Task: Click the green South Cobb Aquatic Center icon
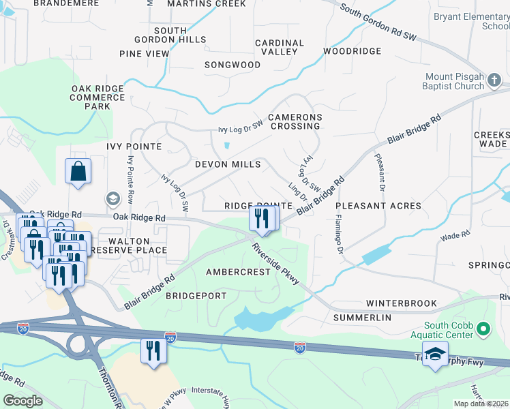click(484, 330)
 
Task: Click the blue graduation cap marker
click(434, 354)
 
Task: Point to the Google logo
click(22, 401)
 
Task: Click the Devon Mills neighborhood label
click(228, 164)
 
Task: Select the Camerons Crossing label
click(295, 121)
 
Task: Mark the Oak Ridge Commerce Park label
click(99, 97)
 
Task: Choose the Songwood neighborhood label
click(232, 65)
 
